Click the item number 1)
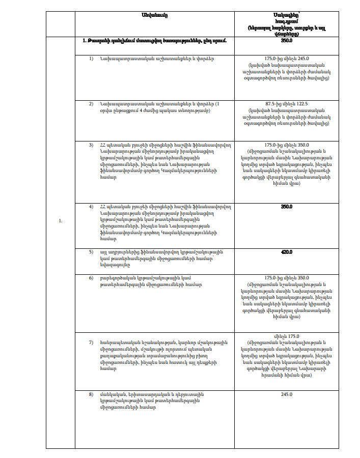pos(92,59)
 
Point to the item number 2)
pos(92,104)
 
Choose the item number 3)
pos(92,145)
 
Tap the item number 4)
pos(92,207)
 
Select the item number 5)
pos(92,252)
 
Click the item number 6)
pos(92,278)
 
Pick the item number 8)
pos(92,394)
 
